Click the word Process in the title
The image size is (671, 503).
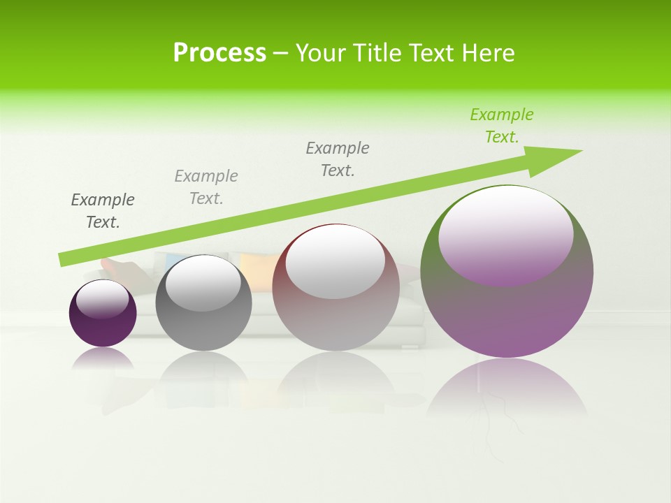[219, 53]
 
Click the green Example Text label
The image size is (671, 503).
[501, 126]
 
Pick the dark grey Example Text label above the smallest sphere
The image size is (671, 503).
[103, 211]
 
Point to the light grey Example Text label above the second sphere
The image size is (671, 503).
[206, 187]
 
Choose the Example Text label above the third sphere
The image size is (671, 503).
[338, 159]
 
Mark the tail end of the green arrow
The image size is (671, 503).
[62, 259]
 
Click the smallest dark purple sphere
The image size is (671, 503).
[103, 328]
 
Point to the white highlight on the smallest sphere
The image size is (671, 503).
[103, 299]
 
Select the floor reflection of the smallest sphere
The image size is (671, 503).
[103, 358]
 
